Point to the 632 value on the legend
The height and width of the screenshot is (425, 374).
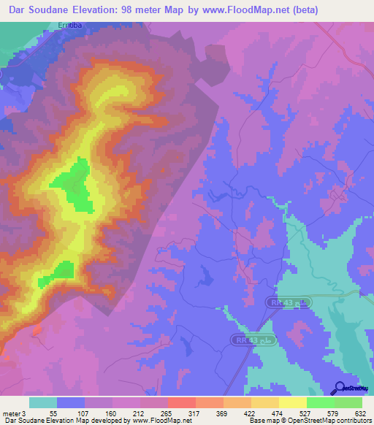[x=362, y=413]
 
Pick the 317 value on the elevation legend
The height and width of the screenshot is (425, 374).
[x=194, y=413]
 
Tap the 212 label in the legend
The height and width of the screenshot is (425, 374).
[x=138, y=413]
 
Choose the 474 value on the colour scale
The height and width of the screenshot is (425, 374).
[x=278, y=413]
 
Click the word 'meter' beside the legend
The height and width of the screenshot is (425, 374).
[x=12, y=413]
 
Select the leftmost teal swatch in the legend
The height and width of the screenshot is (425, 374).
[x=43, y=402]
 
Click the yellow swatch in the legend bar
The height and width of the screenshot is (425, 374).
[x=293, y=402]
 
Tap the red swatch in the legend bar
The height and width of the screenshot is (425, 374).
[x=182, y=402]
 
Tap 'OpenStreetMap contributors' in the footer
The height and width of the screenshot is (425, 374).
[x=328, y=421]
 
